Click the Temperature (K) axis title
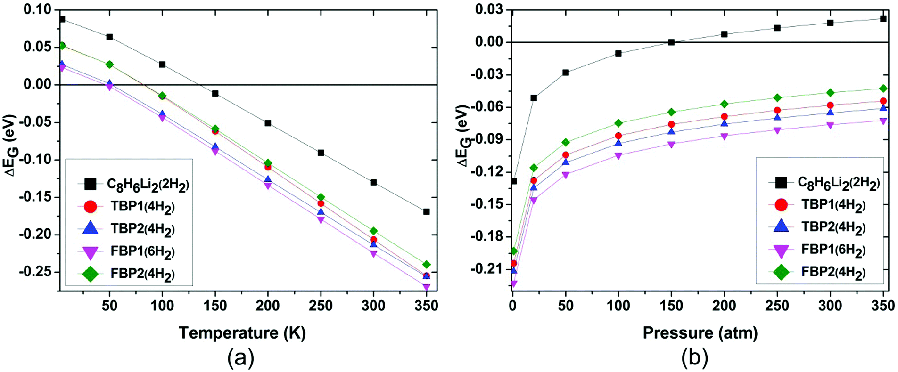point(242,333)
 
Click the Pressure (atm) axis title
point(700,333)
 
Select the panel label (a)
point(240,358)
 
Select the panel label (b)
point(694,358)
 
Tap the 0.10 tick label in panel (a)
point(39,10)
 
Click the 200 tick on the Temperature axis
point(268,306)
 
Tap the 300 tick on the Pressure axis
point(830,306)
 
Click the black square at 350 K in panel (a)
point(427,211)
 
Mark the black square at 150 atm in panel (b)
point(671,42)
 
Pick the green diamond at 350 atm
point(883,89)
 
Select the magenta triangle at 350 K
point(427,287)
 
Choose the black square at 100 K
point(162,65)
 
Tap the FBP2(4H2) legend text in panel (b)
point(833,272)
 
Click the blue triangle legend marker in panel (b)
point(781,226)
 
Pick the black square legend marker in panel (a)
point(90,184)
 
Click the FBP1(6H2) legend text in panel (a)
point(142,251)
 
